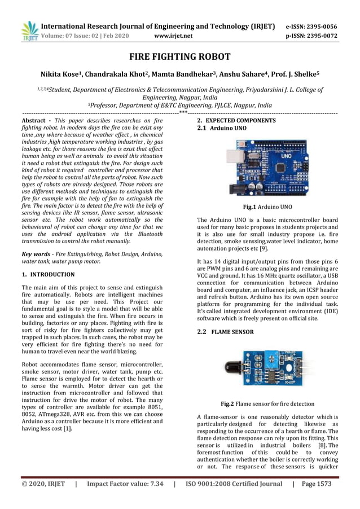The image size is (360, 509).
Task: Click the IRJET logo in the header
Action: coord(29,31)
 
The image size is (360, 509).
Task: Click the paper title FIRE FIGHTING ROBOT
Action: coord(180,56)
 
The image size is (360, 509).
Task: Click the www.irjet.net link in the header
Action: coord(173,36)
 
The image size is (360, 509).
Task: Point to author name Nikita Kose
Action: coord(63,74)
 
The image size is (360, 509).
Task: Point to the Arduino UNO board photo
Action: coord(268,168)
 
